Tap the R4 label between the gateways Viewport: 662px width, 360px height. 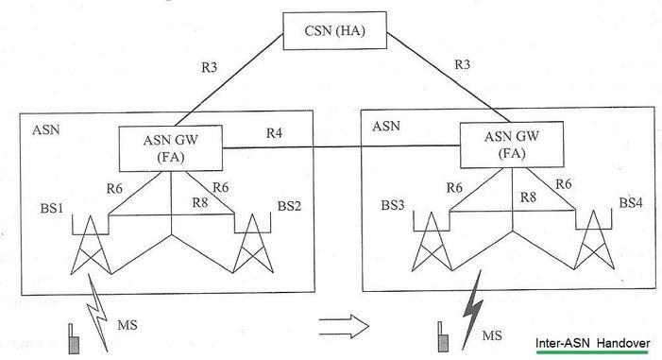click(275, 134)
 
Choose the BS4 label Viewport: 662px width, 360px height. click(631, 203)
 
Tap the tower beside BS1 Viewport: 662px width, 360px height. click(91, 248)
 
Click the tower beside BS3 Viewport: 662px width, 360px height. click(432, 248)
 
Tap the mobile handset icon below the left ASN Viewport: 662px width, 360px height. click(73, 339)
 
